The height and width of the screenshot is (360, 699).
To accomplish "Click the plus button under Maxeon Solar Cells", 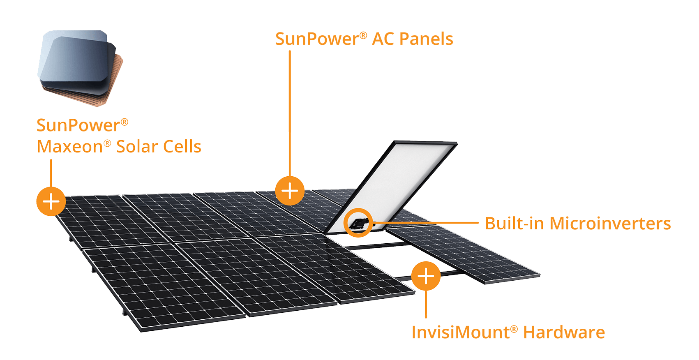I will pos(51,201).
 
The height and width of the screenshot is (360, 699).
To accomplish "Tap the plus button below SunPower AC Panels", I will pos(290,191).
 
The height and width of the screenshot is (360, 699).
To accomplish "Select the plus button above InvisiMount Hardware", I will pos(426,276).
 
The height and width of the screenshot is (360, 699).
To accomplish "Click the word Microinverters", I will pos(610,224).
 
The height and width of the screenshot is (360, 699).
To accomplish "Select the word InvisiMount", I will pos(460,332).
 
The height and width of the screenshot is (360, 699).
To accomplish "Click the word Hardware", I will pos(564,332).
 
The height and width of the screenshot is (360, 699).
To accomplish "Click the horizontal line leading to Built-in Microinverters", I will pos(427,223).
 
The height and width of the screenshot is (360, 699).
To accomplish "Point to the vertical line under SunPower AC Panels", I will pos(290,111).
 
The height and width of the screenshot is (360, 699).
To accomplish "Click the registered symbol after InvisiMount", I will pos(514,329).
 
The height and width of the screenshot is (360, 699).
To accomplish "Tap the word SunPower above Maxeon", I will pos(78,125).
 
